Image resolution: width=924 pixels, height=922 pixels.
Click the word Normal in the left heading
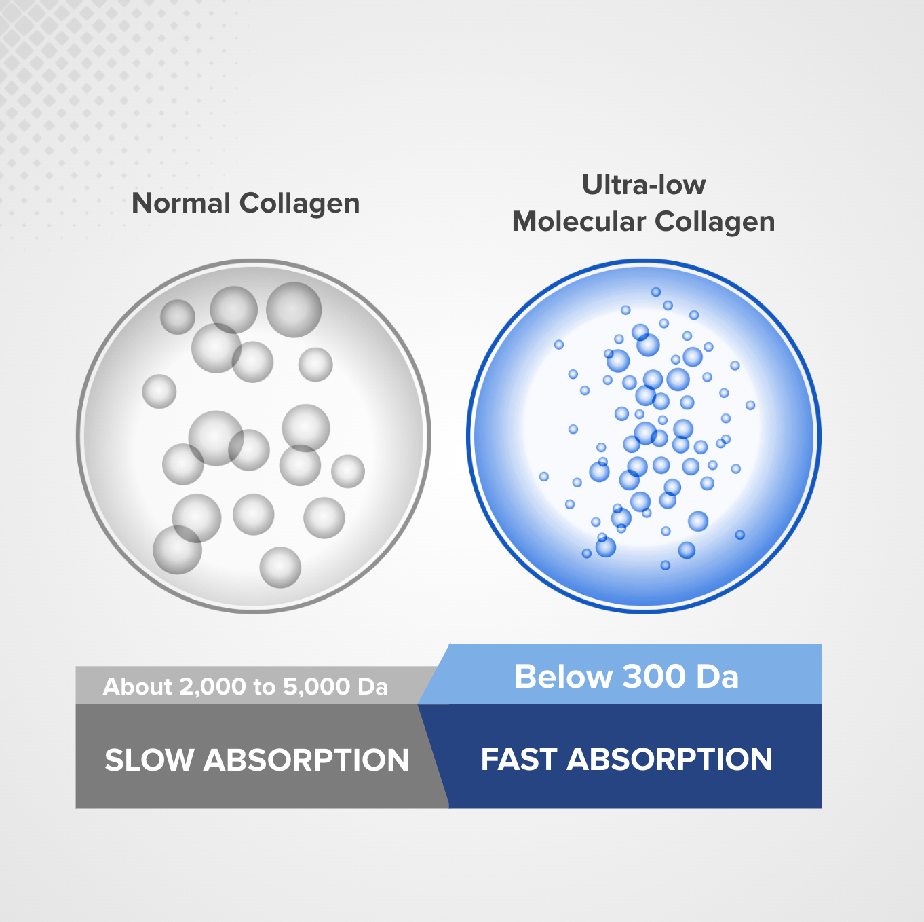(181, 203)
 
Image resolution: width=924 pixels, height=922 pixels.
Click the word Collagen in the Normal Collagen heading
(299, 204)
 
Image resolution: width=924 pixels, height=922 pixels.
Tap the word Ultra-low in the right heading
(644, 185)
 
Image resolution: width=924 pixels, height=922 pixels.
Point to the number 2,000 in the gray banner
(212, 686)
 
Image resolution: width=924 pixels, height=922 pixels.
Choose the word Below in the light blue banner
(563, 676)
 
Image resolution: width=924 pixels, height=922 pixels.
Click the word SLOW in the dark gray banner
(149, 760)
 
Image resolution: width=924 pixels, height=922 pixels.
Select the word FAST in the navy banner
(519, 759)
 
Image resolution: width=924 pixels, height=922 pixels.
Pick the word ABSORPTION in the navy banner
(670, 759)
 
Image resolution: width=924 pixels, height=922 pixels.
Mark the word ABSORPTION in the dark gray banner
(307, 760)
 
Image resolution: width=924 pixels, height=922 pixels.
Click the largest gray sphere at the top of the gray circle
(294, 310)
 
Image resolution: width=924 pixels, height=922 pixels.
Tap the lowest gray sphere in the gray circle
(280, 567)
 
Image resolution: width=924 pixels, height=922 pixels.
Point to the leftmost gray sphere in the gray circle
(159, 391)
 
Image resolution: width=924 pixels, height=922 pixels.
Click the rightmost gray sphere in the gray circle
(348, 471)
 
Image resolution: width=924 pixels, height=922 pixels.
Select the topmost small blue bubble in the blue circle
(656, 292)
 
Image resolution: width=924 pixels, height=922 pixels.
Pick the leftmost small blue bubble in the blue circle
(544, 477)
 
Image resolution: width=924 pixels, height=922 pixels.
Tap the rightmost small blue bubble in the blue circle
(750, 405)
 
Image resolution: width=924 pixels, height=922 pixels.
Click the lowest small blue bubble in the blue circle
(666, 565)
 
